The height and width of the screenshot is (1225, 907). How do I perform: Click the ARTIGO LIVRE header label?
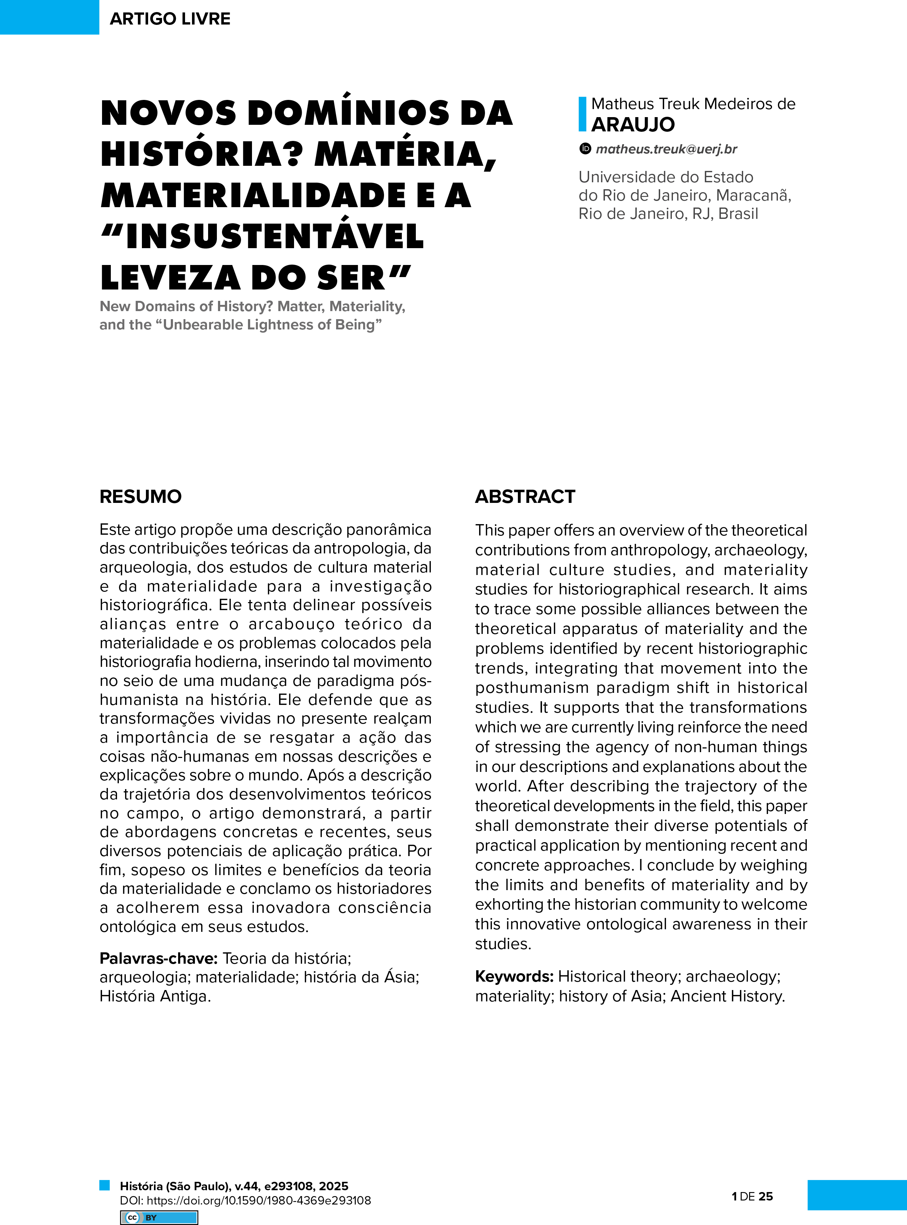tap(170, 19)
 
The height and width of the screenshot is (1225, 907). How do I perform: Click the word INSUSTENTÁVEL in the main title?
tap(275, 236)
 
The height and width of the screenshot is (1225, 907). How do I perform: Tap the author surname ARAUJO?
tap(632, 125)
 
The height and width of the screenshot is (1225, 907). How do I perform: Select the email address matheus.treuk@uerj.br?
tap(666, 149)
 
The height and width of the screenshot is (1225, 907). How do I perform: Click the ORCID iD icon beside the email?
tap(585, 148)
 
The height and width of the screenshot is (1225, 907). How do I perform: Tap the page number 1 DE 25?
tap(752, 1196)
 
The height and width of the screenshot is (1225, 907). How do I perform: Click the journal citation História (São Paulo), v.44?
tap(234, 1185)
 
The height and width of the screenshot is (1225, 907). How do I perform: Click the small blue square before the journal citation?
tap(104, 1185)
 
